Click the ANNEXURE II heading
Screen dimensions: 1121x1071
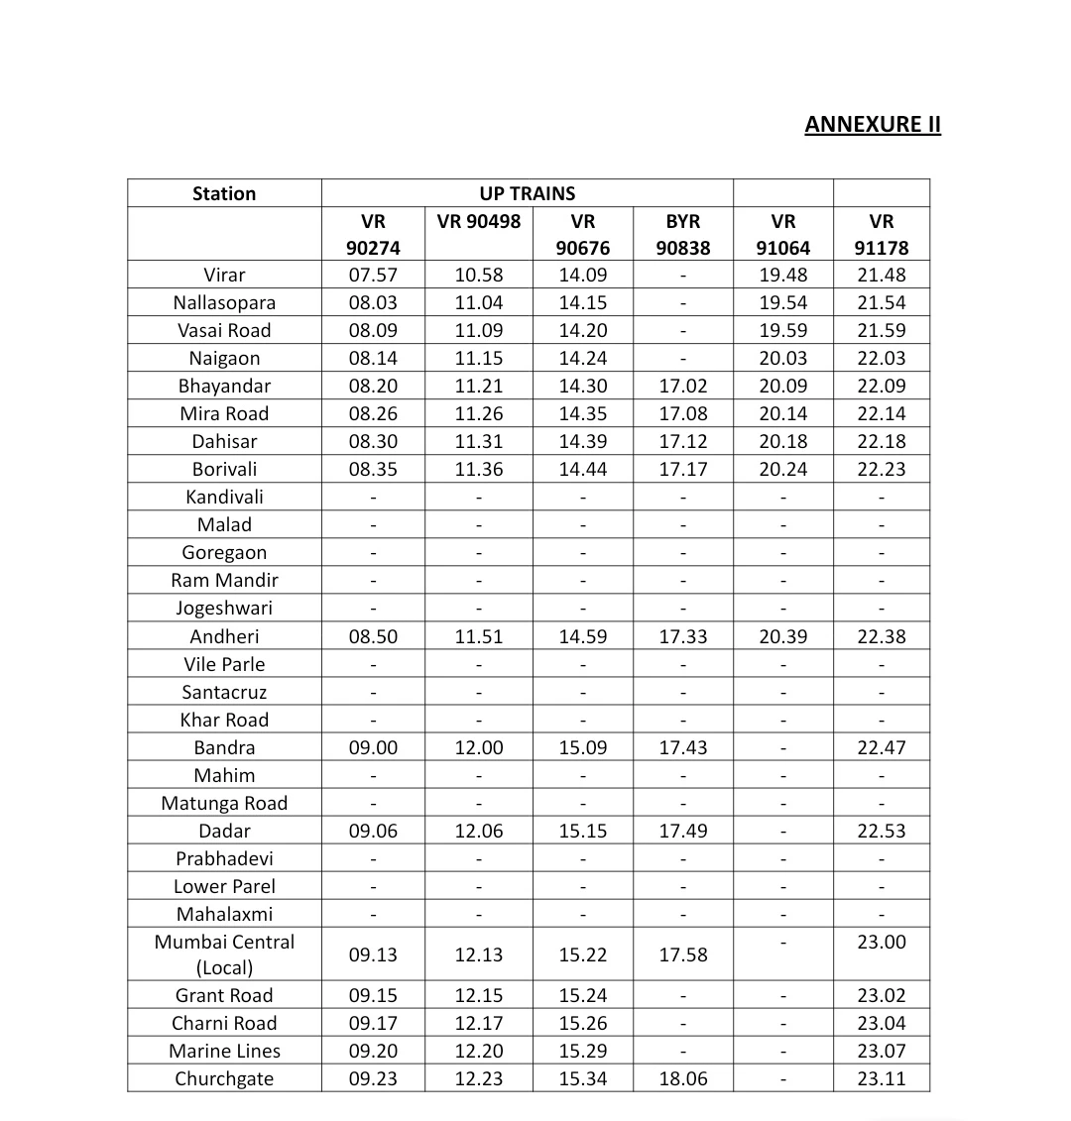(873, 124)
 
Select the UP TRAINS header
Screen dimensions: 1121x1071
(527, 193)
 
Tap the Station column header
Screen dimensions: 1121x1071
(224, 193)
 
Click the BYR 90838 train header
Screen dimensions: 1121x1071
(682, 234)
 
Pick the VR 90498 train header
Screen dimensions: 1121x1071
(478, 221)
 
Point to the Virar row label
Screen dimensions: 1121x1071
(224, 275)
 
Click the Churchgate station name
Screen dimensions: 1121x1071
(224, 1078)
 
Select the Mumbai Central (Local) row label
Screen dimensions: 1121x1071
(224, 953)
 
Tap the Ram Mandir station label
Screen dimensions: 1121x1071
(224, 580)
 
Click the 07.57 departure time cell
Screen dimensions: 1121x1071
(373, 275)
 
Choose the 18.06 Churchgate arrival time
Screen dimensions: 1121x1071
(682, 1078)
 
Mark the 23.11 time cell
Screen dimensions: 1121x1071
(882, 1078)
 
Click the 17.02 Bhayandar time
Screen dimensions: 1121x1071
(682, 386)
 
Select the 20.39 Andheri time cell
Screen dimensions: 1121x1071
(783, 636)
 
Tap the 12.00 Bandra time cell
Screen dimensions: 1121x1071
(478, 747)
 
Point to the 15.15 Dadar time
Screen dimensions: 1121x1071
(582, 831)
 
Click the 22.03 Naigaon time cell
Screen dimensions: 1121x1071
(882, 358)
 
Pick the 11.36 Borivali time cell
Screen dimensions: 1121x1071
(478, 469)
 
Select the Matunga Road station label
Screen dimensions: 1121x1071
(224, 803)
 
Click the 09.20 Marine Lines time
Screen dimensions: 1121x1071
(373, 1051)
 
